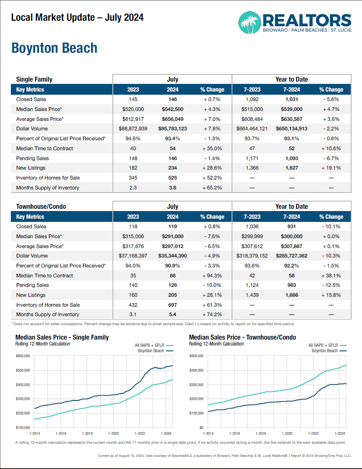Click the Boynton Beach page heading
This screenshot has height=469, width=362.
click(x=54, y=48)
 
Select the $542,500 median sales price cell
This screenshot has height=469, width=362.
click(x=172, y=109)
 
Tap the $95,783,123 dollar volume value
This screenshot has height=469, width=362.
click(x=172, y=129)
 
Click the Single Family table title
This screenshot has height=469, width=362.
click(x=34, y=79)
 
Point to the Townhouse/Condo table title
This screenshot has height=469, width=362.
click(x=41, y=207)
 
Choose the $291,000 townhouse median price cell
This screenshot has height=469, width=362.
click(x=172, y=236)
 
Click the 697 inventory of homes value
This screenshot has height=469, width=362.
click(x=172, y=305)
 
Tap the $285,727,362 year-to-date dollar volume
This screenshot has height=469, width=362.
click(x=292, y=256)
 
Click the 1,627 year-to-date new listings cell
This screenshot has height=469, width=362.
click(x=292, y=168)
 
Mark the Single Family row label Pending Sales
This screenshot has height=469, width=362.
click(x=32, y=158)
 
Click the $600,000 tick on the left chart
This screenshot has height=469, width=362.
click(x=23, y=356)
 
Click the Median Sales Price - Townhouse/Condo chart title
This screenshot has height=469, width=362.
click(x=242, y=337)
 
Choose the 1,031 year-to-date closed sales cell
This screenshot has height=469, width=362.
click(x=292, y=99)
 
